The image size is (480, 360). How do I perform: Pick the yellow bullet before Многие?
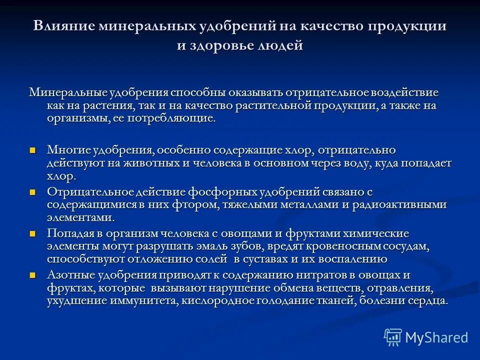click(33, 150)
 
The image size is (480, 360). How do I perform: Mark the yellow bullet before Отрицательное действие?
click(33, 192)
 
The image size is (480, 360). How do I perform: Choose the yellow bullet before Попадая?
click(33, 233)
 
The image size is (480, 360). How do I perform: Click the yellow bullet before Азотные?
click(33, 275)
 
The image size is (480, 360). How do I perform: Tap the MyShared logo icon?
click(393, 337)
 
